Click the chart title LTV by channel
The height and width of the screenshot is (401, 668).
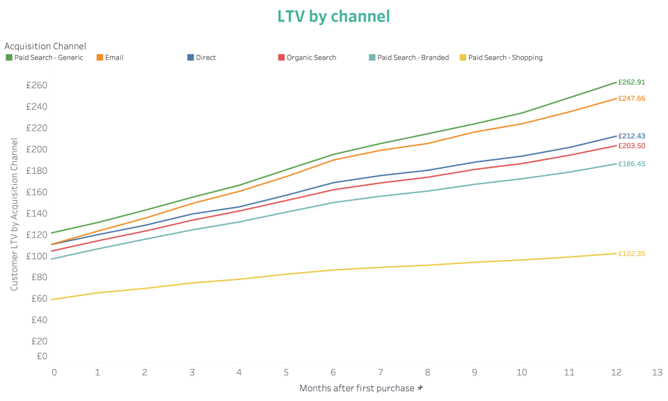333,16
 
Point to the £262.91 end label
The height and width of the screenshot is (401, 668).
631,82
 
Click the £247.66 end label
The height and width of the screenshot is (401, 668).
631,99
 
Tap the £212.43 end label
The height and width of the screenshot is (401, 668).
631,136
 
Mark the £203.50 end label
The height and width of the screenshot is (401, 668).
631,146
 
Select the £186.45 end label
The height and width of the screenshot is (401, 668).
631,164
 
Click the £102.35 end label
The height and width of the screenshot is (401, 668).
631,254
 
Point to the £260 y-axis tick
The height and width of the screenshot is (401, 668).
35,85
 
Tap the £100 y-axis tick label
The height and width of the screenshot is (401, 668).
35,256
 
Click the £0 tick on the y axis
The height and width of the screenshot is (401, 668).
41,356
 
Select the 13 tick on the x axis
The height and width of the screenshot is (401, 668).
657,373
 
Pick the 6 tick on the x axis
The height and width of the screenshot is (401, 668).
333,373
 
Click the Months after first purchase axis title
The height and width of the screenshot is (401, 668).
357,388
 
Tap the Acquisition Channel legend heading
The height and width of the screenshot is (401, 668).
45,46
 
